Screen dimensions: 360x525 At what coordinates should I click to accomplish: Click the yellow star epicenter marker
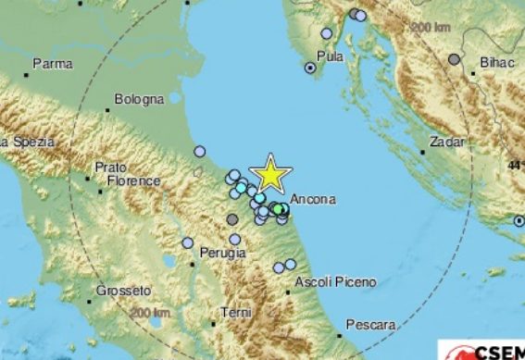[x=271, y=174]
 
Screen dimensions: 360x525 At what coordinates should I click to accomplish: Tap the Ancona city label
[x=312, y=199]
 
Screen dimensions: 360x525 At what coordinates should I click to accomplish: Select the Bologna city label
[x=140, y=99]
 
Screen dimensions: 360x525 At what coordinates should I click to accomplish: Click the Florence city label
[x=133, y=182]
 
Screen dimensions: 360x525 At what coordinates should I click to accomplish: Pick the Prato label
[x=110, y=169]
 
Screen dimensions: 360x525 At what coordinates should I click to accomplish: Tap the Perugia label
[x=227, y=252]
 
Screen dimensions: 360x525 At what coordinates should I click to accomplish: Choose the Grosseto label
[x=122, y=291]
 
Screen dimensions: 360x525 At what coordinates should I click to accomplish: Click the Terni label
[x=236, y=314]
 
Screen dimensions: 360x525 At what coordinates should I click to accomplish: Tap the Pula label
[x=331, y=56]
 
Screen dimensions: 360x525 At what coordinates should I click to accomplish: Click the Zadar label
[x=446, y=144]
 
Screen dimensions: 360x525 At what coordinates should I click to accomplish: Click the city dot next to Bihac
[x=455, y=59]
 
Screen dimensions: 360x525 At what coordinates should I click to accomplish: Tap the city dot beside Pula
[x=310, y=68]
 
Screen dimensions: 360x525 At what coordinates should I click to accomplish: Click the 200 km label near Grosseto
[x=150, y=315]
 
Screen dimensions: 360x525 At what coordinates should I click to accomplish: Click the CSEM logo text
[x=499, y=353]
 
